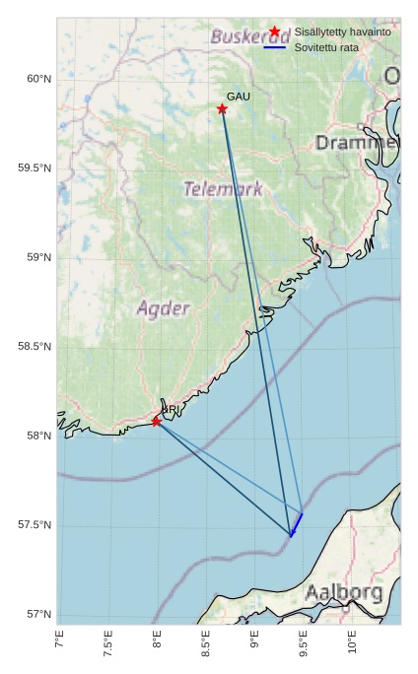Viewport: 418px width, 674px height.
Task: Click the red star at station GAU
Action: [x=222, y=108]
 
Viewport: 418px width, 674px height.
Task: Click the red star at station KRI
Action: [x=156, y=422]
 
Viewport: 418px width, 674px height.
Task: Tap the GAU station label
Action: [x=239, y=97]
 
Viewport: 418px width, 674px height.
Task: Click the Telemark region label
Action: [x=223, y=189]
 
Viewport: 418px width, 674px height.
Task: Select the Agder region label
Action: [x=163, y=308]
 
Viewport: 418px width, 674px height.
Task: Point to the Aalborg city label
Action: [x=343, y=593]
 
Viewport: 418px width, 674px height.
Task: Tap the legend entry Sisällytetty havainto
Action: [x=342, y=32]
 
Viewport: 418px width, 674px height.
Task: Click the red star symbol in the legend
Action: [x=274, y=32]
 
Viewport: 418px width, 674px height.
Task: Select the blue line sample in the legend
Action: [x=274, y=47]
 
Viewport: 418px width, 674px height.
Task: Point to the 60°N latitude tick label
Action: [x=37, y=79]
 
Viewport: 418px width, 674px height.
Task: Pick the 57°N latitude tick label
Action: [x=37, y=615]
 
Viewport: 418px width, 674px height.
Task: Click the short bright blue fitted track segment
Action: [x=297, y=524]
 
